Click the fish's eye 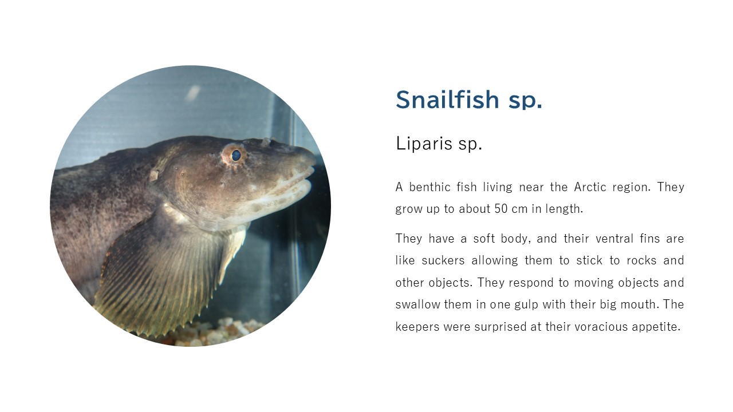(x=235, y=155)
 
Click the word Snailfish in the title (x=447, y=100)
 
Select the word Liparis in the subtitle (x=424, y=143)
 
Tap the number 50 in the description (x=501, y=209)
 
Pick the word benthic (x=429, y=187)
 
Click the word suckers (x=443, y=260)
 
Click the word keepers (x=417, y=327)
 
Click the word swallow (x=417, y=305)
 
